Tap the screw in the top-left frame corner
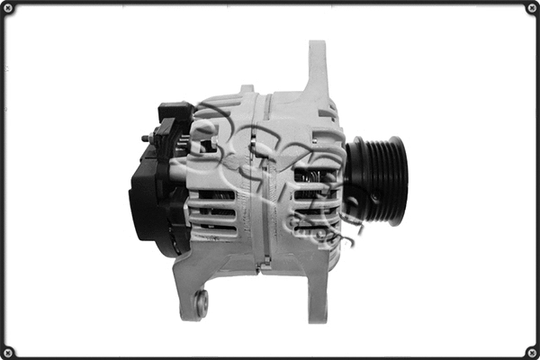(x=9, y=9)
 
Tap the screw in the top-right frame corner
(x=531, y=9)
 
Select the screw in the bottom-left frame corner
(x=9, y=351)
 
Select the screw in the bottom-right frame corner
(x=531, y=351)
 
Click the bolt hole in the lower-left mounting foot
(x=201, y=303)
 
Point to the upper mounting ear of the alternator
(x=318, y=67)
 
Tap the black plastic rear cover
(x=148, y=193)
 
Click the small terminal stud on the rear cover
(x=145, y=139)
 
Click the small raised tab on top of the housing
(x=246, y=89)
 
